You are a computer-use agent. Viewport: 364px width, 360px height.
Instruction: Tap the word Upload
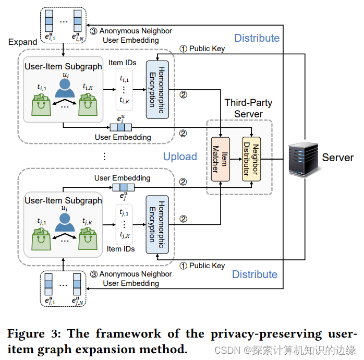[x=180, y=157]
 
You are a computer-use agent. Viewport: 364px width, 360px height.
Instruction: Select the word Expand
[x=22, y=42]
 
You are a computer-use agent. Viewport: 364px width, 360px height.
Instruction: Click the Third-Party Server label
[x=248, y=109]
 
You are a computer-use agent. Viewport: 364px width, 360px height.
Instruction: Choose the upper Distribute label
[x=257, y=38]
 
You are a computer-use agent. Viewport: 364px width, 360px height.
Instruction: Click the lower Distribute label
[x=254, y=274]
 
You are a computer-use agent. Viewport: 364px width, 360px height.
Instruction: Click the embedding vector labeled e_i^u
[x=122, y=127]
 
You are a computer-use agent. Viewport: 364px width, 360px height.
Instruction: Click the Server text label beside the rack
[x=338, y=157]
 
